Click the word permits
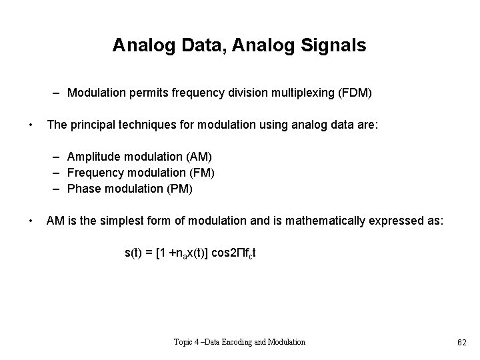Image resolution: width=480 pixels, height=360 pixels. click(x=143, y=93)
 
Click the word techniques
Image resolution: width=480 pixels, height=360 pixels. click(x=156, y=124)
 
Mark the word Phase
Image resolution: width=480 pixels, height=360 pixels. click(x=83, y=189)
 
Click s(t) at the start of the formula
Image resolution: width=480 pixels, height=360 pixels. click(x=135, y=253)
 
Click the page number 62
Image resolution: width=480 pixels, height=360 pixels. click(x=461, y=342)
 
